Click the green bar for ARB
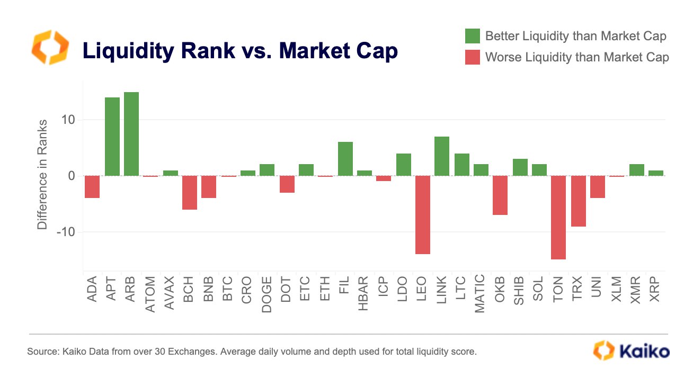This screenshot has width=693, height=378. coord(131,134)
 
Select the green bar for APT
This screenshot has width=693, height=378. coord(112,137)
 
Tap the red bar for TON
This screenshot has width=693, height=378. coord(558,218)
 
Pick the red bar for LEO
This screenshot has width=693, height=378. coord(423,215)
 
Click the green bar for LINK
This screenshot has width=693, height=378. coord(442,156)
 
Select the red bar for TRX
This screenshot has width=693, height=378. coord(578,201)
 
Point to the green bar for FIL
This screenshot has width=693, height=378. coord(345,159)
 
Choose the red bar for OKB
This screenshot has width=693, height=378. coord(500,195)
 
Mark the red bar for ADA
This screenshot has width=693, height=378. coord(92,187)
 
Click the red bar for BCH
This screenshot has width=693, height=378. coord(190,193)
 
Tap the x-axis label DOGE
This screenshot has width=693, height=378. coord(267,294)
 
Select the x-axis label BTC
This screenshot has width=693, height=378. coord(228,290)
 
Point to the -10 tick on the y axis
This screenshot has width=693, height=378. coord(63,232)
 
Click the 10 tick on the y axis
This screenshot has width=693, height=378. coord(67,120)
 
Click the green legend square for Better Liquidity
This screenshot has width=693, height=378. coord(472,36)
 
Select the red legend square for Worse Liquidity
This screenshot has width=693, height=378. coord(472,57)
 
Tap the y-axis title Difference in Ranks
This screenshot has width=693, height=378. coord(42,175)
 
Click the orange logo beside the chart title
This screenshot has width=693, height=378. coord(50,48)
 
